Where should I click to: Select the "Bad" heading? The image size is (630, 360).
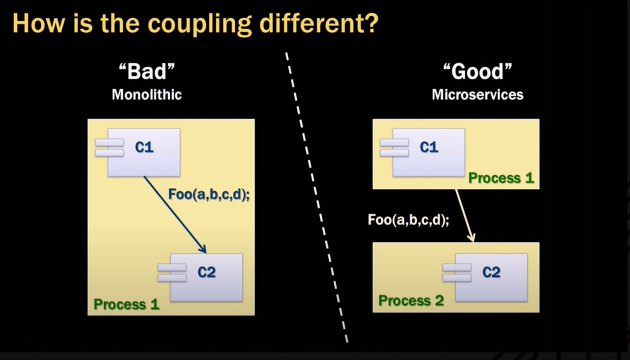[147, 71]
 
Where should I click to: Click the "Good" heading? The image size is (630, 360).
[477, 71]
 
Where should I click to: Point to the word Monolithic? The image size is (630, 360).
[147, 95]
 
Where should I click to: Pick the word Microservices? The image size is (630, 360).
[477, 95]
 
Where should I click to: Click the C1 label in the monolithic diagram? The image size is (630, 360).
[144, 147]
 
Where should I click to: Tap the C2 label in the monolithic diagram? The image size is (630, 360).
[207, 272]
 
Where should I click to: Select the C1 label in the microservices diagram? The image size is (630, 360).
[429, 147]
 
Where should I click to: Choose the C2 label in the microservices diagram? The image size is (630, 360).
[491, 272]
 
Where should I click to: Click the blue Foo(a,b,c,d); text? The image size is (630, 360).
[209, 194]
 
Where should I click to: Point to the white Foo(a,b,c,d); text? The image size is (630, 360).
[409, 220]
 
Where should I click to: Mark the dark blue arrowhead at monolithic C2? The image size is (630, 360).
[204, 249]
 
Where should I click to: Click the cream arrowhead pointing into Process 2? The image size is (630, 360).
[472, 238]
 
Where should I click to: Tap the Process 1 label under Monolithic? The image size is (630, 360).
[126, 304]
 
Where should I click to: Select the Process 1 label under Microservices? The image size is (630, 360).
[501, 178]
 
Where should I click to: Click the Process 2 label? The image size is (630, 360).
[411, 300]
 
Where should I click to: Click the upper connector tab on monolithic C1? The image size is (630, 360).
[109, 143]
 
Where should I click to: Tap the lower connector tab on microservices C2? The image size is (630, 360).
[457, 278]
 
